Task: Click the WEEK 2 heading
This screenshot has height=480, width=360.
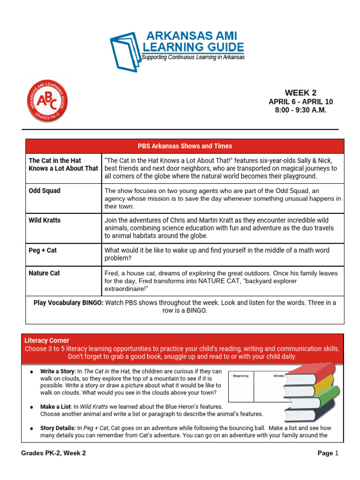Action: click(300, 93)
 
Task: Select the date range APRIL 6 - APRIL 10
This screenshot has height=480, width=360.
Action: click(300, 102)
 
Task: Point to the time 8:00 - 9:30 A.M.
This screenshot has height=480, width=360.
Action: click(300, 110)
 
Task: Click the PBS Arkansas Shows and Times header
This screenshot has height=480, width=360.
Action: click(184, 146)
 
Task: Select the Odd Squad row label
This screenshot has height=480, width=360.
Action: click(45, 191)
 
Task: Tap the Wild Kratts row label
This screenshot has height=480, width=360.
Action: click(45, 220)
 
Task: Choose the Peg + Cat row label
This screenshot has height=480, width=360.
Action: click(43, 250)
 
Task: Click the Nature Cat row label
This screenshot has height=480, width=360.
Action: click(45, 273)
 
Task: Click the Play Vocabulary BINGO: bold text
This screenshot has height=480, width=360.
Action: click(68, 303)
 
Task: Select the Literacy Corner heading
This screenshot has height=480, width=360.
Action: click(46, 340)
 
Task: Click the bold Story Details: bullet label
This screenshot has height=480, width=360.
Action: click(59, 428)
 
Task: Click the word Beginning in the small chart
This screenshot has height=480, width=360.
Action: click(241, 376)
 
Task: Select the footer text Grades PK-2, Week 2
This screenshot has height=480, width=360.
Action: click(53, 453)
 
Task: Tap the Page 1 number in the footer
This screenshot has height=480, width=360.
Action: click(327, 453)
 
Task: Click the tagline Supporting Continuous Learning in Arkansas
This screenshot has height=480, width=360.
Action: click(193, 57)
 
